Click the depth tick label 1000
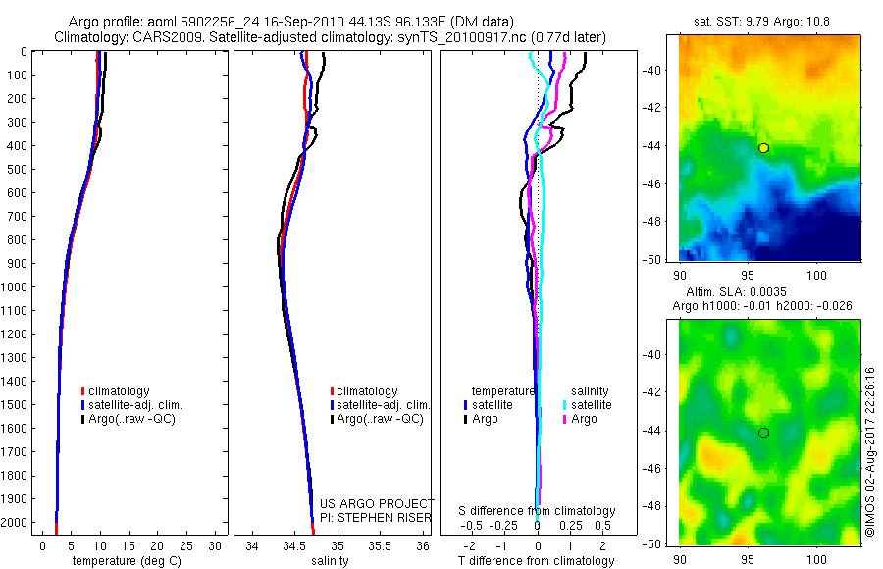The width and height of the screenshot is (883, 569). click(x=17, y=286)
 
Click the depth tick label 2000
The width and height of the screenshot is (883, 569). click(x=17, y=523)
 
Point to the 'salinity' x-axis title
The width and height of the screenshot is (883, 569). click(x=332, y=561)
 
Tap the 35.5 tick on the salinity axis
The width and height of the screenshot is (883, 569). click(x=379, y=545)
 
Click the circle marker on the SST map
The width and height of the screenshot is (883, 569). click(x=763, y=148)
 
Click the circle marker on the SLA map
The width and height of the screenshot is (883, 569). click(x=763, y=433)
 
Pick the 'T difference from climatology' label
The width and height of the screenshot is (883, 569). click(x=537, y=561)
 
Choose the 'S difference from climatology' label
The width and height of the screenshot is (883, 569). click(x=537, y=511)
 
